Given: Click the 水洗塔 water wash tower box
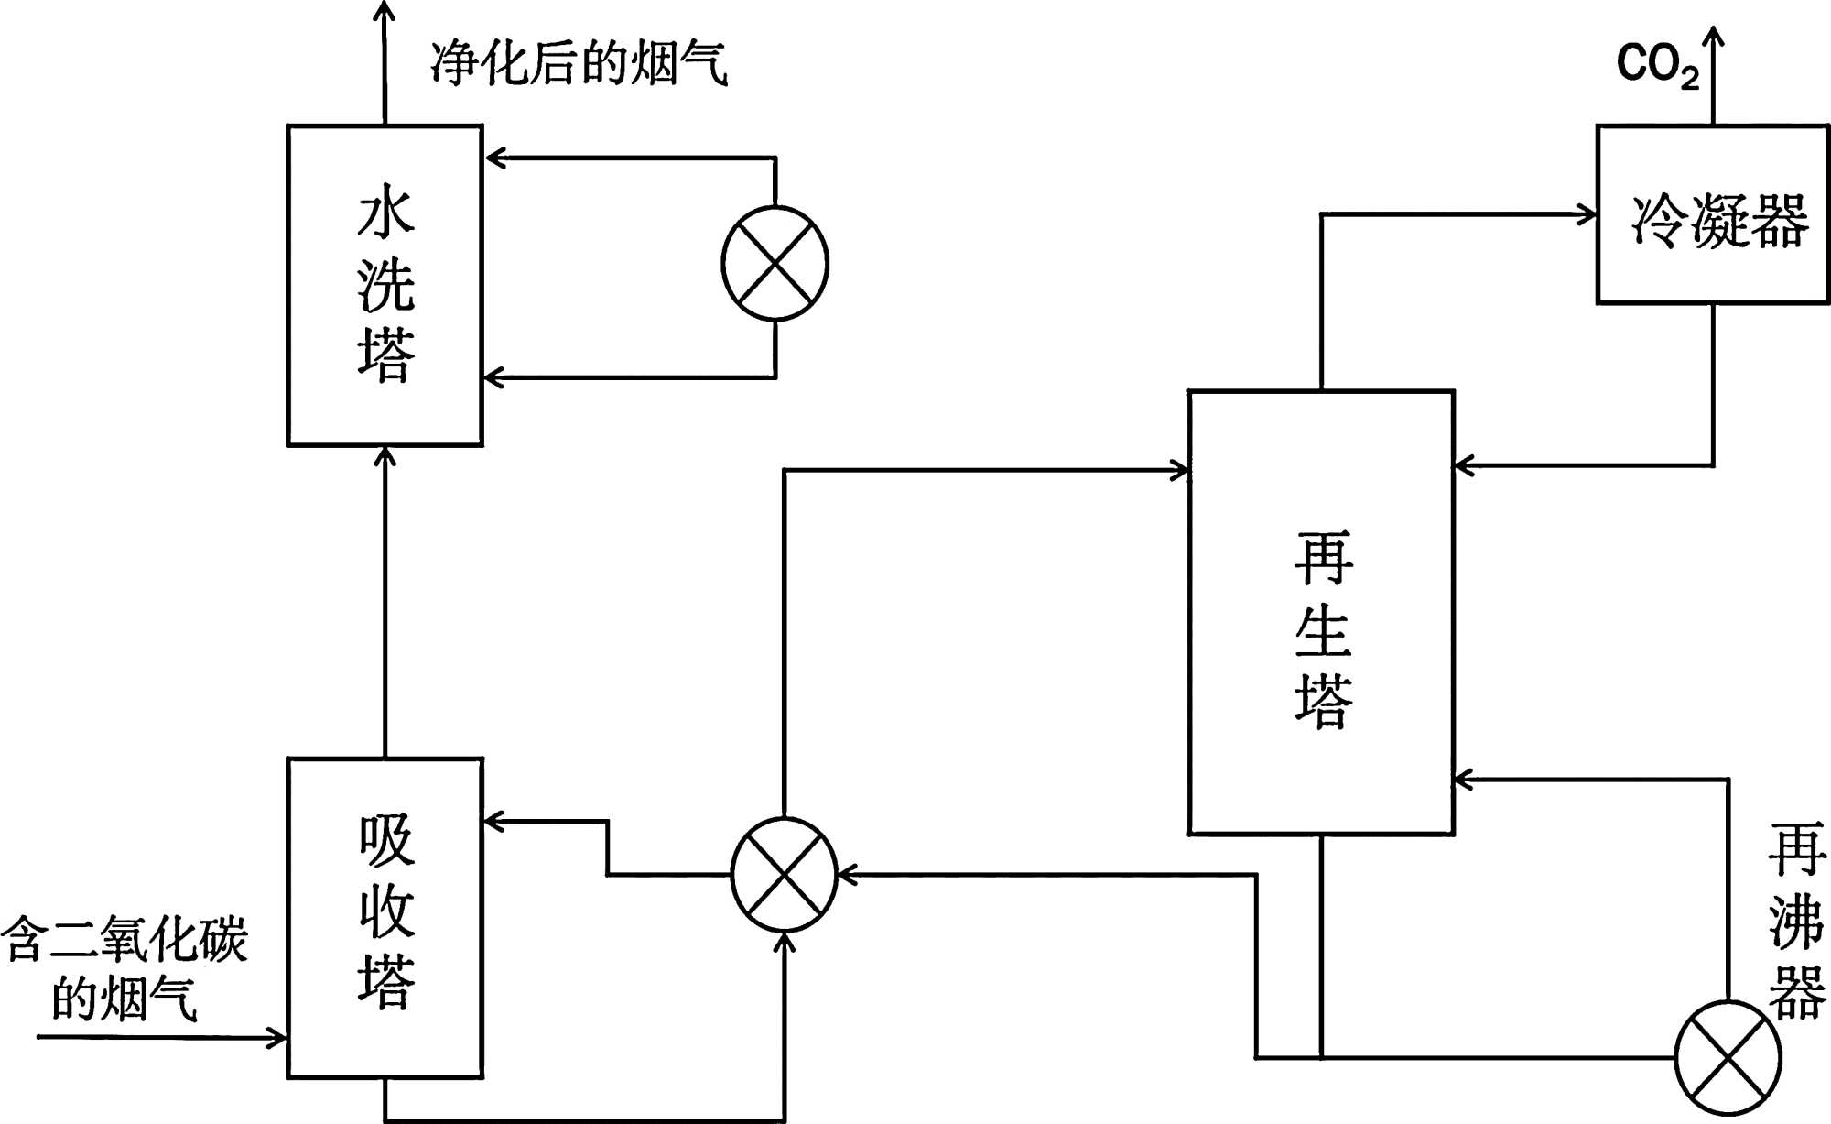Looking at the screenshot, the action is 385,285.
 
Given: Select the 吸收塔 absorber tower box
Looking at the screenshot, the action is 385,917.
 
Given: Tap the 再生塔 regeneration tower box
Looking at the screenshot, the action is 1321,613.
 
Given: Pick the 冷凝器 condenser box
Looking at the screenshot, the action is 1713,214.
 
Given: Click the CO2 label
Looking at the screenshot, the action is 1657,65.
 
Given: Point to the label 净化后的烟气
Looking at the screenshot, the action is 579,63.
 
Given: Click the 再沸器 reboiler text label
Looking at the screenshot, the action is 1796,921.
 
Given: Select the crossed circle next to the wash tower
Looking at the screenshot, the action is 775,264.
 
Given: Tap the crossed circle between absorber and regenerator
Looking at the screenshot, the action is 785,875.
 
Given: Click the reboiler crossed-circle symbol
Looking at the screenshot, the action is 1728,1058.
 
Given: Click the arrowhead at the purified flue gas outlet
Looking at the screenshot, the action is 385,11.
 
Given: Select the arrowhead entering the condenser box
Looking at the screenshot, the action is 1587,215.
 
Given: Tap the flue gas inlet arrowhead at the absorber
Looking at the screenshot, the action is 277,1038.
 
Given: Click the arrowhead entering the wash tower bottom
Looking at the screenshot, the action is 385,456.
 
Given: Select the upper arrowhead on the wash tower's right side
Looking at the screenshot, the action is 494,158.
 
